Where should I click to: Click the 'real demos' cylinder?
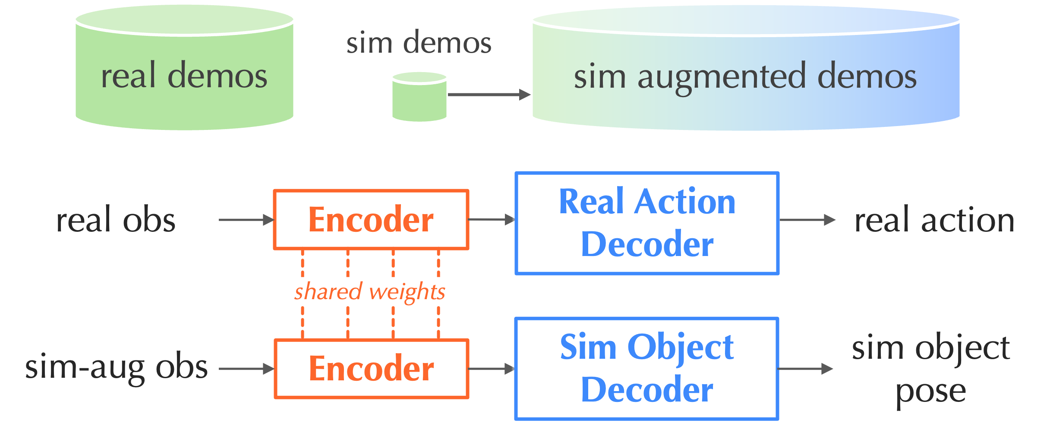(184, 76)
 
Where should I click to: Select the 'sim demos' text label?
(419, 43)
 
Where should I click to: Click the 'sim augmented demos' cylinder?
(746, 76)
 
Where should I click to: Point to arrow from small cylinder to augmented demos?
(489, 95)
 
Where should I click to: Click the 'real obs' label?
(116, 220)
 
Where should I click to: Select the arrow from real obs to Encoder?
(246, 220)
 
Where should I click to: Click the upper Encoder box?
(371, 220)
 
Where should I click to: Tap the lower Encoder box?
(371, 369)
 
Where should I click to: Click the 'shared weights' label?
(370, 291)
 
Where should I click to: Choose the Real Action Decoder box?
(646, 223)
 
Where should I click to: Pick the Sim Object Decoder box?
(646, 368)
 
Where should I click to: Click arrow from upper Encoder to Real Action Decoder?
(491, 220)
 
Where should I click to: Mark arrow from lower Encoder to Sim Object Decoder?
(491, 369)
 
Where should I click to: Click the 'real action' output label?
(934, 220)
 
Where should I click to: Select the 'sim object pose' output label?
(931, 369)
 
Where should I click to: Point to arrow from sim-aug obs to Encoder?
(246, 369)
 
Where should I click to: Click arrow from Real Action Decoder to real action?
(807, 220)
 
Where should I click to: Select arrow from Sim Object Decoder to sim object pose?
(805, 369)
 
